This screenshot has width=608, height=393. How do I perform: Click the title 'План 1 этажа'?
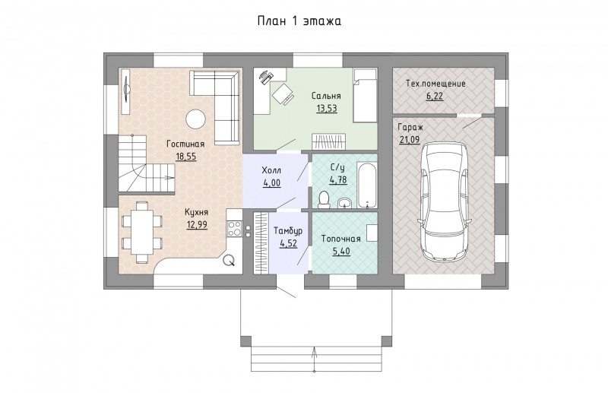click(299, 21)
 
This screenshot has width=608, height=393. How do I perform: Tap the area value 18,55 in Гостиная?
click(185, 157)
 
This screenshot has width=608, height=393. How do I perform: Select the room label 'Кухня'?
click(196, 212)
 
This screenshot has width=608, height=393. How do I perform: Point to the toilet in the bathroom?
click(323, 199)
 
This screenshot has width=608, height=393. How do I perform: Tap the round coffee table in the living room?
click(196, 119)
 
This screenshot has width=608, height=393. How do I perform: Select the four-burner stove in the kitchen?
click(234, 228)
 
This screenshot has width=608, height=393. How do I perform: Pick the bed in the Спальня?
click(365, 96)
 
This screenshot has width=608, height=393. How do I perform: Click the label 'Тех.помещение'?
click(435, 84)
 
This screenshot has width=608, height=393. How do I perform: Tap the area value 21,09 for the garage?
click(410, 139)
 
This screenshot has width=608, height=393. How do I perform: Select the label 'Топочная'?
click(340, 239)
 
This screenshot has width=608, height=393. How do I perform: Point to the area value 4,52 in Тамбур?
click(288, 244)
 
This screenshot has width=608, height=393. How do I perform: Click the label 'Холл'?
click(271, 170)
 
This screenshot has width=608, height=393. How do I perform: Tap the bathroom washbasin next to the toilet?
click(344, 202)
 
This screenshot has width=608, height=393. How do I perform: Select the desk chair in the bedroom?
click(282, 93)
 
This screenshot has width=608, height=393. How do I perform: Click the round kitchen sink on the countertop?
click(230, 260)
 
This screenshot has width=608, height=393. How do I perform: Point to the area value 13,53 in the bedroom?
click(327, 108)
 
